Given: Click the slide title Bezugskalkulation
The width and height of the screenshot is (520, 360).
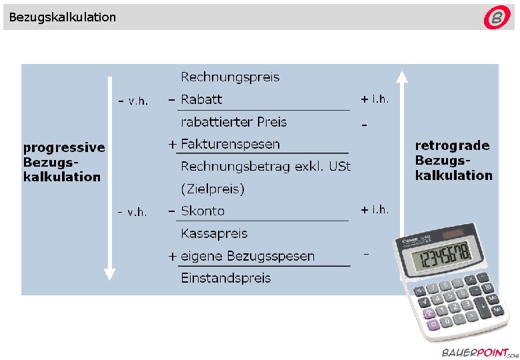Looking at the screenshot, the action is pos(63,17).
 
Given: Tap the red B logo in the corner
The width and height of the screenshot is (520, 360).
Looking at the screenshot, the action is pos(497,18).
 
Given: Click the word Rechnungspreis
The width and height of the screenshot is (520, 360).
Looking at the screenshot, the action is pos(230,77).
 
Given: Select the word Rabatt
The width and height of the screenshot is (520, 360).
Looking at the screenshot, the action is pos(201,99).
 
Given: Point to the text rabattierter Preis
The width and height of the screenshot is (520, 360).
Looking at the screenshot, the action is pos(233,122).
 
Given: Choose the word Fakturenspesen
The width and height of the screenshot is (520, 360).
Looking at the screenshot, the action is pos(230,144).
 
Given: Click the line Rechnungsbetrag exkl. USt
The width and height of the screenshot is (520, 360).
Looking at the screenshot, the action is pos(265,166).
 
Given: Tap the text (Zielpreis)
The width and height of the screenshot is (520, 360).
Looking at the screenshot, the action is pos(213,189).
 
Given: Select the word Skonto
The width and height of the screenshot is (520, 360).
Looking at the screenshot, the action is pos(203,211).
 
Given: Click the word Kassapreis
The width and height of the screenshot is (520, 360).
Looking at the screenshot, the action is pos(214,233).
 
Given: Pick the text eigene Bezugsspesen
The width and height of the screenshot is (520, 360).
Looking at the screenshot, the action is pos(247,256).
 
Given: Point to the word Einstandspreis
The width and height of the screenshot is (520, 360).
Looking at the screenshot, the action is pos(225,278).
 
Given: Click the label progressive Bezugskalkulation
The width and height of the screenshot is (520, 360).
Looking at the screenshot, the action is pos(64,162).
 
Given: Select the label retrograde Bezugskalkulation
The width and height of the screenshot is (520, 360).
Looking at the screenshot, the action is pos(453,160).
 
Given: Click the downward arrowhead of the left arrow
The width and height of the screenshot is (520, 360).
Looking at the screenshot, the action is pos(110,273).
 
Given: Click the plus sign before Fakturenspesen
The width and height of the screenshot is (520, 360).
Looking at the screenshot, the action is pos(173,144).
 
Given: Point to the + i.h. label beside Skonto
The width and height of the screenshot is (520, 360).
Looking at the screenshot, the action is pos(375,209).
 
